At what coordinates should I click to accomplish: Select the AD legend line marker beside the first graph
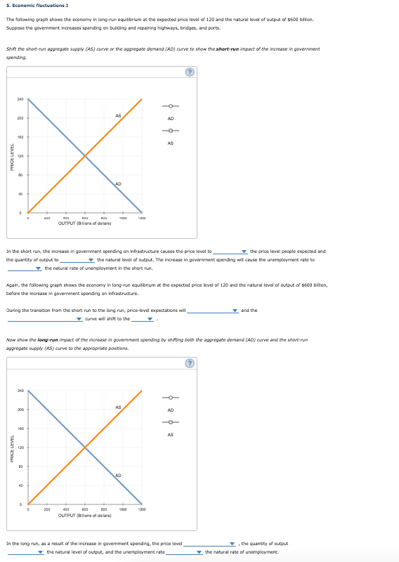[x=170, y=107]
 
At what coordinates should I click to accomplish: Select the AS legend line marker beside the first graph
[x=170, y=131]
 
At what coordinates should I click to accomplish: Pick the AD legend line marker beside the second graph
[x=170, y=398]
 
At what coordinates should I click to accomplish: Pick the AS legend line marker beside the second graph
[x=170, y=423]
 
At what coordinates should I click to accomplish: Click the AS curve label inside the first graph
[x=118, y=115]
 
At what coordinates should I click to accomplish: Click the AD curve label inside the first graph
[x=118, y=183]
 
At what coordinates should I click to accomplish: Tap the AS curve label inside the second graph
[x=118, y=407]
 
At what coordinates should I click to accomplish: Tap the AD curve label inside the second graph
[x=118, y=476]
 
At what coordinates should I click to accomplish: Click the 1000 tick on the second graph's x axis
[x=123, y=509]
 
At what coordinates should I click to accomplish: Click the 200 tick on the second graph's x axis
[x=47, y=509]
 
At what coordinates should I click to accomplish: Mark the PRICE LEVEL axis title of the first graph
[x=8, y=157]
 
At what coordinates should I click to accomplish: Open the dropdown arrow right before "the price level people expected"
[x=244, y=251]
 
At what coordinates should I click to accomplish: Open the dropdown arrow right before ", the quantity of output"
[x=234, y=543]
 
